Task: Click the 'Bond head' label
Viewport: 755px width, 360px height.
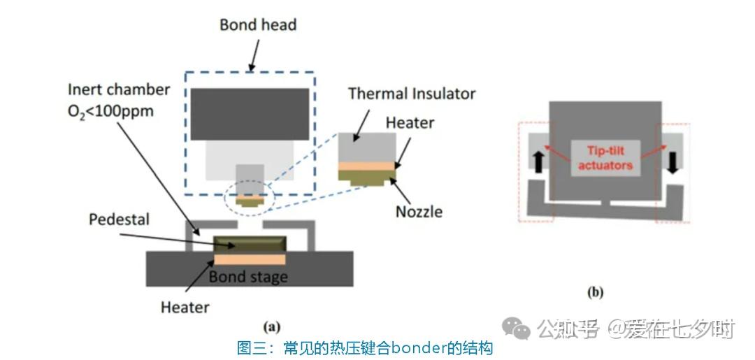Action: (x=258, y=25)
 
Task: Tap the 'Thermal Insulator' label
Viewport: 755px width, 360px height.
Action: (x=412, y=94)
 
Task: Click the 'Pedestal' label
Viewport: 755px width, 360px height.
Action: (x=119, y=219)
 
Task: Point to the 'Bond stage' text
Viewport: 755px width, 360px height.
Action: (x=248, y=277)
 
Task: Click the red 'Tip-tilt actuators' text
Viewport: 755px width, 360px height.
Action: (x=605, y=158)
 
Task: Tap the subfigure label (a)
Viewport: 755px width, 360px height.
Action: (x=271, y=326)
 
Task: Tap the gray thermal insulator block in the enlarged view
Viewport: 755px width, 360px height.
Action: (x=368, y=148)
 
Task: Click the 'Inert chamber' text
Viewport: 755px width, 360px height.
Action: (x=119, y=90)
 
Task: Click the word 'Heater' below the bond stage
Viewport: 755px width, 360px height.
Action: (x=185, y=307)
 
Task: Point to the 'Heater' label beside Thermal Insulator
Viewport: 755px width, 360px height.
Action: (x=410, y=124)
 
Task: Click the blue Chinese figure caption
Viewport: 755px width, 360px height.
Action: (x=365, y=347)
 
